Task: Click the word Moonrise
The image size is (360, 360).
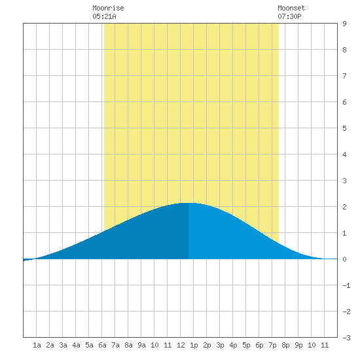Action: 108,8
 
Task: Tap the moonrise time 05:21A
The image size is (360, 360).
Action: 104,16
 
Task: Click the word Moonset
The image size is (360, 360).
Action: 291,8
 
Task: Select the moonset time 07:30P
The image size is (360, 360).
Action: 289,16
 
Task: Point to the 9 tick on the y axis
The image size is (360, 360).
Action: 344,24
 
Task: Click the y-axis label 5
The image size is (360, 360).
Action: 344,128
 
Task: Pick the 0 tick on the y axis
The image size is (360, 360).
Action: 344,259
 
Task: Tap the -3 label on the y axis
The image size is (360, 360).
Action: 346,338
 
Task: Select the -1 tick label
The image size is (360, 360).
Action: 346,285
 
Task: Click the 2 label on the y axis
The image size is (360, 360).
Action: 344,207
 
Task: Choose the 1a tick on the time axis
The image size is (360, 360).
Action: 37,345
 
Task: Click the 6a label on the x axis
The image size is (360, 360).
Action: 102,345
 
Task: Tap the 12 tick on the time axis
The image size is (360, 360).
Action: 181,345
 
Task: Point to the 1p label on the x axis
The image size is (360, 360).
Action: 194,345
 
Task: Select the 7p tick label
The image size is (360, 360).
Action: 272,345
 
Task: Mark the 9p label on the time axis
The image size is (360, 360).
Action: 298,345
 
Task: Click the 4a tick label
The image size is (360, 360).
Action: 76,345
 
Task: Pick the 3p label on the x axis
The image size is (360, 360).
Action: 220,345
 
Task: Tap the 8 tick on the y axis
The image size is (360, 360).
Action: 344,50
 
